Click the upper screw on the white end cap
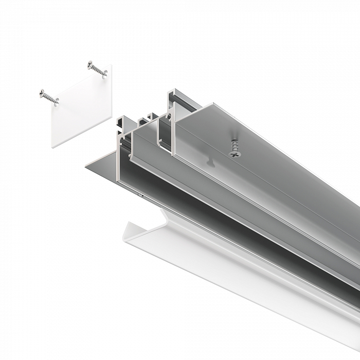(x=97, y=69)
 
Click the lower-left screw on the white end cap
(x=49, y=97)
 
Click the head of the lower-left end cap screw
(x=42, y=93)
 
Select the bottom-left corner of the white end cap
(x=52, y=147)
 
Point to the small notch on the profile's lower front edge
(x=140, y=195)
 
